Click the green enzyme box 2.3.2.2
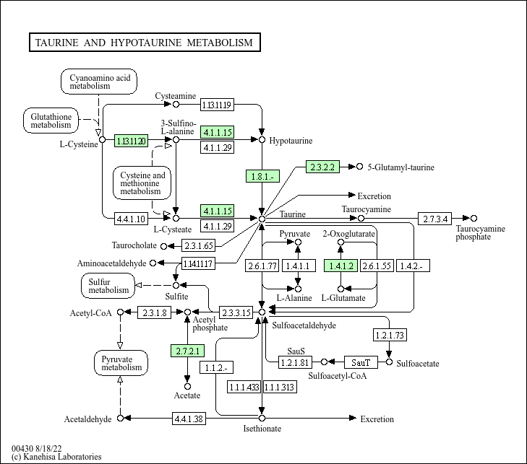pyautogui.click(x=322, y=167)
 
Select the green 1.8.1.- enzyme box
pyautogui.click(x=262, y=176)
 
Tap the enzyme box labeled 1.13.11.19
pyautogui.click(x=217, y=105)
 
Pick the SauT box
pyautogui.click(x=361, y=362)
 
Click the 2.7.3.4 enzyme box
pyautogui.click(x=435, y=219)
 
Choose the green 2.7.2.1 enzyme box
pyautogui.click(x=187, y=351)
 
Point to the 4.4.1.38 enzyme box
pyautogui.click(x=189, y=419)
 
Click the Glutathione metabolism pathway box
pyautogui.click(x=51, y=121)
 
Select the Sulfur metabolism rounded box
pyautogui.click(x=108, y=286)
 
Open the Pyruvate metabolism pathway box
pyautogui.click(x=121, y=363)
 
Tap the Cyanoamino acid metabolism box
pyautogui.click(x=99, y=82)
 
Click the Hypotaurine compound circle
pyautogui.click(x=262, y=139)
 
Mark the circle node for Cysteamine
pyautogui.click(x=176, y=105)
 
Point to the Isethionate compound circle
pyautogui.click(x=262, y=418)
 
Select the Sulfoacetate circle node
pyautogui.click(x=389, y=362)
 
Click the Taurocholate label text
pyautogui.click(x=134, y=245)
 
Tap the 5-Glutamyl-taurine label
pyautogui.click(x=400, y=167)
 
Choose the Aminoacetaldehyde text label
pyautogui.click(x=111, y=263)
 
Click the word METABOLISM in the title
pyautogui.click(x=220, y=43)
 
